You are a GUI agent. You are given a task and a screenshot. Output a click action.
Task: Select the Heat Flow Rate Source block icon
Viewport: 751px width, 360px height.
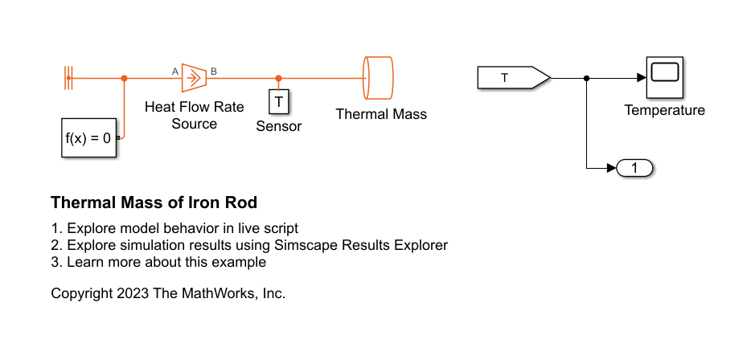click(195, 78)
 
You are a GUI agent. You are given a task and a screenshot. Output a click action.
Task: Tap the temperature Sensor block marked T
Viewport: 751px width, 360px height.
click(278, 101)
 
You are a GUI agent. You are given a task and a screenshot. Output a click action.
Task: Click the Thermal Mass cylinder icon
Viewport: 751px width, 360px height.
click(379, 78)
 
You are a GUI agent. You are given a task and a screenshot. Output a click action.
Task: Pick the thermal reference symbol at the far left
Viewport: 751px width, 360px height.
click(69, 78)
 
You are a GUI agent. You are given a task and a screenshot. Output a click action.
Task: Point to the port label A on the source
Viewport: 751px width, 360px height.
click(175, 72)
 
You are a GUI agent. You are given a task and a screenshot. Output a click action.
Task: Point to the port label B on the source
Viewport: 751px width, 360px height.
click(213, 72)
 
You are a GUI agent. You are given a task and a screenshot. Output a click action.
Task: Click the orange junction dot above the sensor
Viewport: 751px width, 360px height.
click(278, 78)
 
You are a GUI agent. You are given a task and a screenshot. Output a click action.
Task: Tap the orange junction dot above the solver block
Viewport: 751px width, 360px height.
click(124, 78)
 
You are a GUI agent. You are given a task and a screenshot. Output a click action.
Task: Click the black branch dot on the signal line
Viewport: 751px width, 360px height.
click(586, 78)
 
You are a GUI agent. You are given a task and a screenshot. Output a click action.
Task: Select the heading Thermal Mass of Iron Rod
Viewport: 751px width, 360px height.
click(154, 202)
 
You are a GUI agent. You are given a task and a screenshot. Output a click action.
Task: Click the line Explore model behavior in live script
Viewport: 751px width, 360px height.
click(174, 228)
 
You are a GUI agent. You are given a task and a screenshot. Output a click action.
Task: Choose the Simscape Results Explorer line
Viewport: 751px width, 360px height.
click(249, 245)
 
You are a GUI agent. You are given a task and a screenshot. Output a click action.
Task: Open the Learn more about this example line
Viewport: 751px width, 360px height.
click(158, 262)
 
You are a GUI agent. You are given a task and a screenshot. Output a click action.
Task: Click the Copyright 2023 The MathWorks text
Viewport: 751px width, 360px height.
click(168, 294)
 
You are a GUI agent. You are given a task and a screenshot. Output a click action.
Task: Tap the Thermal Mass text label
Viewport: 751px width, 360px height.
click(381, 114)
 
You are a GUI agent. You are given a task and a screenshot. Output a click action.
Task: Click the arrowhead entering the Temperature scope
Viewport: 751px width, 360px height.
click(641, 78)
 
